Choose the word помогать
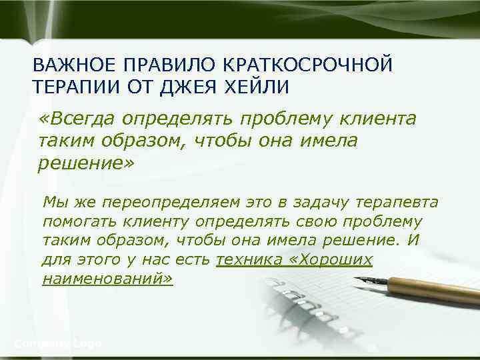[74, 221]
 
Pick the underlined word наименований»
[107, 279]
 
